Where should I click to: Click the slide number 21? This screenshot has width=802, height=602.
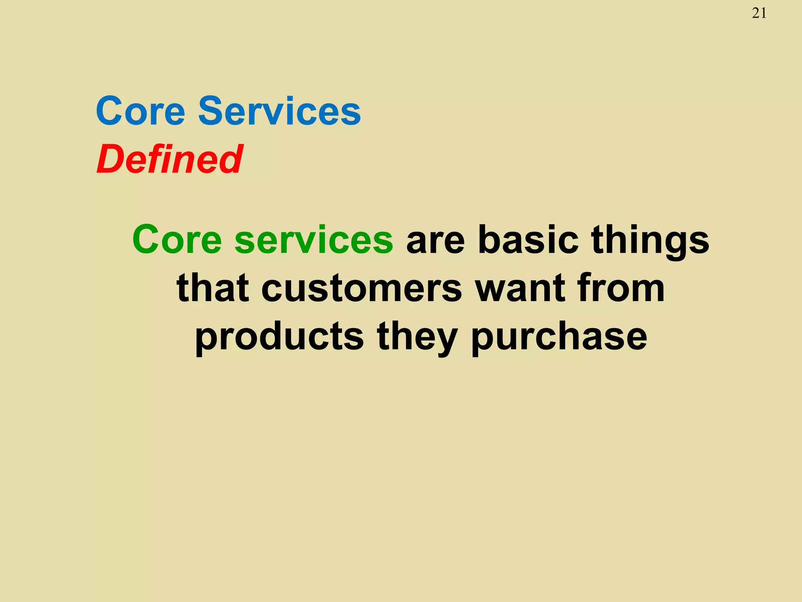tap(759, 13)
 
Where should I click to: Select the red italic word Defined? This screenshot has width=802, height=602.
tap(170, 159)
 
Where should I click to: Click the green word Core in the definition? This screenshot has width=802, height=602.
tap(177, 240)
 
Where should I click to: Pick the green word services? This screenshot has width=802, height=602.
tap(314, 240)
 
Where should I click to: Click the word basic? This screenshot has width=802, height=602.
tap(528, 240)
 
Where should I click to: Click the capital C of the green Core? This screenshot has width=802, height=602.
tap(145, 240)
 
